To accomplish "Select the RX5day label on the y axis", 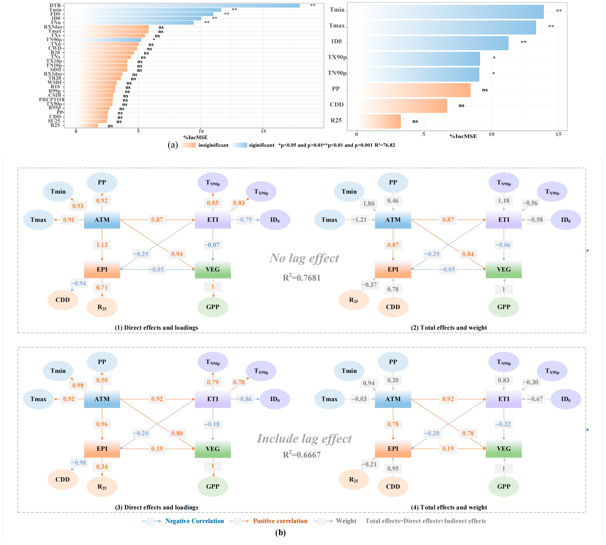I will click(x=53, y=27).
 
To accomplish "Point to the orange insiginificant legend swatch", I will click(x=188, y=145).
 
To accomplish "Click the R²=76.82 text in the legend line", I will click(x=385, y=145).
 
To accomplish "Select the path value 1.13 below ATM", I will click(x=102, y=245).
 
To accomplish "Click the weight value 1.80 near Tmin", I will click(x=369, y=204).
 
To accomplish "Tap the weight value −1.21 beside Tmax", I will click(x=359, y=220).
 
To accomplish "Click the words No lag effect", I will click(x=304, y=258).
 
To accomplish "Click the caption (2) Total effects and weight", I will click(x=449, y=328).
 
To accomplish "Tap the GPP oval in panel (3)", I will click(x=213, y=487).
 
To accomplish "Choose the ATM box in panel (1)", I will click(x=102, y=220).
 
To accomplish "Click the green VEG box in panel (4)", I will click(x=504, y=449).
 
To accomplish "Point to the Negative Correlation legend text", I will click(x=194, y=521).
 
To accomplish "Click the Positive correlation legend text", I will click(x=280, y=521).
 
